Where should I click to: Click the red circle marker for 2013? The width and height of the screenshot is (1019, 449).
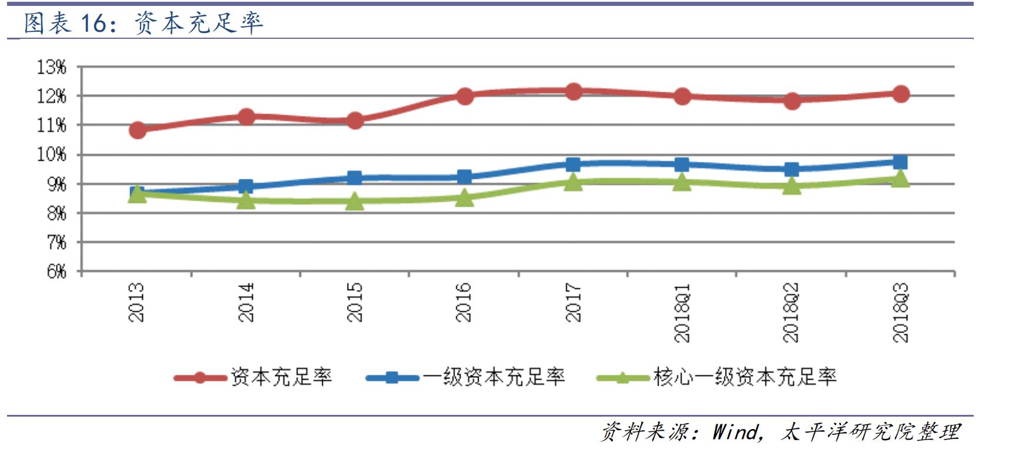point(138,130)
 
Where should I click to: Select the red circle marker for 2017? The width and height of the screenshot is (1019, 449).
point(573,92)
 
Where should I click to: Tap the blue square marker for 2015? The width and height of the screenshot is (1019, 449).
point(355,178)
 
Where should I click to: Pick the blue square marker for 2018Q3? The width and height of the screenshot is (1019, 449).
point(900,162)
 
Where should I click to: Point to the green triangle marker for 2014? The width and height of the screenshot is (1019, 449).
point(246,201)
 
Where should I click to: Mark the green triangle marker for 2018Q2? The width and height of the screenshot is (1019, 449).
point(791,186)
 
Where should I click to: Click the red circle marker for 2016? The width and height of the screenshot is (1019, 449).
point(465,96)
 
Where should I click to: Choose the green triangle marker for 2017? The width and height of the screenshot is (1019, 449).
point(573,182)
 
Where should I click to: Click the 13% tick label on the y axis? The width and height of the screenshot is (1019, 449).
point(52,67)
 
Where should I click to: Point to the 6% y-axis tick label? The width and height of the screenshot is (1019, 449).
point(56,271)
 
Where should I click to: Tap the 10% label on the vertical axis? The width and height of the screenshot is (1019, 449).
point(52,155)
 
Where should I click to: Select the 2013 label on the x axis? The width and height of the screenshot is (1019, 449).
point(136,302)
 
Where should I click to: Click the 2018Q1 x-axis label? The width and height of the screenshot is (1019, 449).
point(682,312)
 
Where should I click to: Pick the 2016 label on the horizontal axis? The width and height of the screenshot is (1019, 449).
point(464,302)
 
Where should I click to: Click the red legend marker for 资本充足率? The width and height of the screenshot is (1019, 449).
point(200,377)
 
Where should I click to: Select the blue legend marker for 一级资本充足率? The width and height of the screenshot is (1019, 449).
point(392,377)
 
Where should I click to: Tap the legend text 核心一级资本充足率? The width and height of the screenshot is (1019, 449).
point(744,377)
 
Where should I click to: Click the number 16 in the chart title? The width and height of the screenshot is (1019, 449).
point(93,24)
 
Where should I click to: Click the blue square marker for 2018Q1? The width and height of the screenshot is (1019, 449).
point(682,165)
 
